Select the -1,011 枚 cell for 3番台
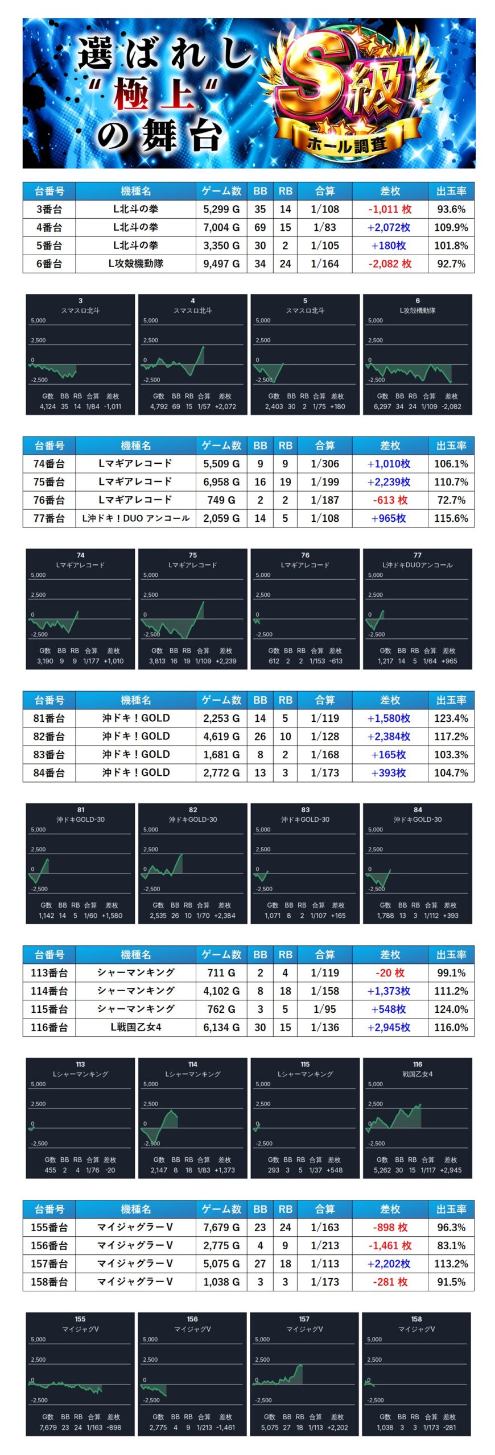coord(390,209)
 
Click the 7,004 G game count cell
coord(221,227)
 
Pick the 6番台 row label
coord(49,264)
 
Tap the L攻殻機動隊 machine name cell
coord(135,264)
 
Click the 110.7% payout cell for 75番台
coord(451,482)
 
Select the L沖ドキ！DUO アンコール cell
coord(135,518)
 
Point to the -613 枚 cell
coord(390,500)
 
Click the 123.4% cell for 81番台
coord(451,718)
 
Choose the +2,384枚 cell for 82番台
coord(390,737)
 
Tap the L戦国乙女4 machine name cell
coord(135,1028)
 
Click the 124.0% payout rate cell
coord(451,1009)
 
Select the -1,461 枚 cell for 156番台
coord(390,1246)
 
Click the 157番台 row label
coord(49,1264)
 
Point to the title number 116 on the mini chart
coord(418,1065)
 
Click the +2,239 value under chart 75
coord(226,661)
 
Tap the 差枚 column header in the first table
coord(390,191)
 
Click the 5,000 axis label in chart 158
coord(374,1340)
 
